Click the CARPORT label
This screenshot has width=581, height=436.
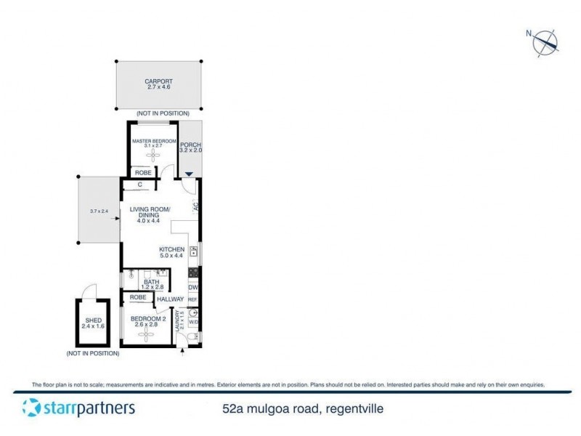[x=158, y=81]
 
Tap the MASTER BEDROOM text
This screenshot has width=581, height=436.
[x=154, y=141]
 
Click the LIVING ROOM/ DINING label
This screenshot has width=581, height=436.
[x=149, y=213]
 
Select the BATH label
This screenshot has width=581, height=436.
[x=152, y=282]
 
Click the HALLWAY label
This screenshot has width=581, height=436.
[x=171, y=299]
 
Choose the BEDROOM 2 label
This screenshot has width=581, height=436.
[x=148, y=318]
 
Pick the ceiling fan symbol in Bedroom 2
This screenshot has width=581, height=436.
[x=147, y=336]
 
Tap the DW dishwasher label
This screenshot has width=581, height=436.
[x=193, y=288]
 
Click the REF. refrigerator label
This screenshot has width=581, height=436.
[x=193, y=299]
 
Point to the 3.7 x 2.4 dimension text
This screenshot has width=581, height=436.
[x=99, y=211]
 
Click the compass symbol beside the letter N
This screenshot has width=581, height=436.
[x=546, y=42]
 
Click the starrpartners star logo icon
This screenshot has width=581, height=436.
[x=31, y=408]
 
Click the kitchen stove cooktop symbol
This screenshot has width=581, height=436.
[x=194, y=272]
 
